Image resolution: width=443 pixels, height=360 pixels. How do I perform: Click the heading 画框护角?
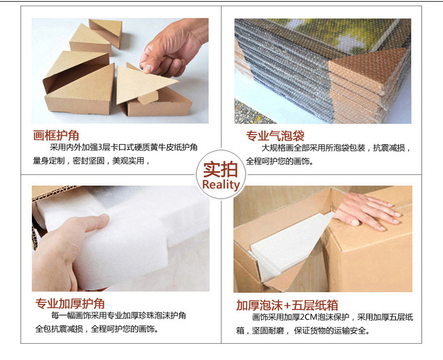pos(56,135)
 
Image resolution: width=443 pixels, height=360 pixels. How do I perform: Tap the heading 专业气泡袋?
pos(275,136)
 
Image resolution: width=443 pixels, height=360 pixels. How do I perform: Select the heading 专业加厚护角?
pos(70,303)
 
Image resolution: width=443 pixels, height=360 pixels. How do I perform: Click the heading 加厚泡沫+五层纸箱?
pos(287,305)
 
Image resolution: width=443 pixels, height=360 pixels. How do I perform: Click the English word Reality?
pos(221,184)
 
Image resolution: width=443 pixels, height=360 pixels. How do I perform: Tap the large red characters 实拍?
pos(220,169)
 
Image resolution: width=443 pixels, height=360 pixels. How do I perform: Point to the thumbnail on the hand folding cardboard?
pos(147,68)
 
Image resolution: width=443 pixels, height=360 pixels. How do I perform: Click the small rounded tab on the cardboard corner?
pos(148,98)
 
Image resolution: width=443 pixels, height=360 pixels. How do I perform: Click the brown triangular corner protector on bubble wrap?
pos(368,68)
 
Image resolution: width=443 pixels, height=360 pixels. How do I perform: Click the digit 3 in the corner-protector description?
pos(99,147)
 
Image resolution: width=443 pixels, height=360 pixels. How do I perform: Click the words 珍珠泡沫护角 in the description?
pos(162,315)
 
